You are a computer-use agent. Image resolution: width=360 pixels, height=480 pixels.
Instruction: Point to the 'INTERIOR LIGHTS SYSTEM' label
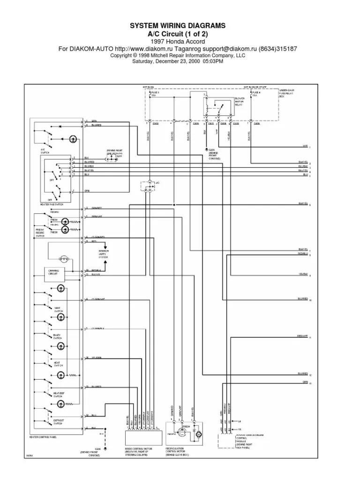pyautogui.click(x=104, y=254)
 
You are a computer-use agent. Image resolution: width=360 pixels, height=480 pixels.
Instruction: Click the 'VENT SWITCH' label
pyautogui.click(x=58, y=310)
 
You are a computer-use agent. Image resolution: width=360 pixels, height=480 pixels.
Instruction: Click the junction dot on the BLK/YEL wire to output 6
pyautogui.click(x=174, y=205)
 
